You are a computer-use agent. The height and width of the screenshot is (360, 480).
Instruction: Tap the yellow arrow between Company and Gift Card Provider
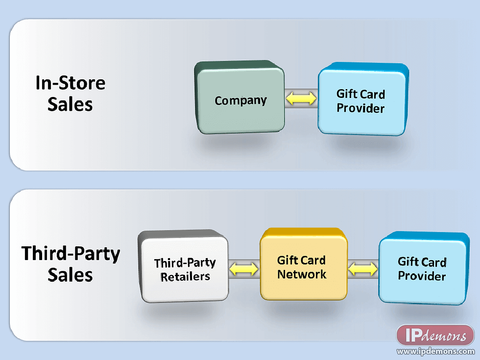click(301, 99)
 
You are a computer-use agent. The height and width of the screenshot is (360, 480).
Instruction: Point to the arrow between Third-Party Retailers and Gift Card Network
click(244, 268)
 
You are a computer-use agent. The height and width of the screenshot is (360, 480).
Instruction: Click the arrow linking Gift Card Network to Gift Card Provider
click(363, 268)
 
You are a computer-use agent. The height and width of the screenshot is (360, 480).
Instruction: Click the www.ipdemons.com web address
click(435, 351)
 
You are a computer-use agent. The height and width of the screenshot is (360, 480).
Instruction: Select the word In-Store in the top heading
click(70, 83)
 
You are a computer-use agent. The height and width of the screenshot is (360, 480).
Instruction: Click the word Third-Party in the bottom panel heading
click(71, 254)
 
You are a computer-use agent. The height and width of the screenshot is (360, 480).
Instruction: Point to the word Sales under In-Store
click(70, 104)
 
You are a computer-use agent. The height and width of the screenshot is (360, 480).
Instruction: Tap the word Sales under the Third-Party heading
click(70, 275)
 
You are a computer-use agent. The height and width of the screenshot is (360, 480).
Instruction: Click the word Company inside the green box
click(240, 101)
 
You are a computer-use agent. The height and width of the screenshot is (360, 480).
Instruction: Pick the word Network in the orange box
click(302, 274)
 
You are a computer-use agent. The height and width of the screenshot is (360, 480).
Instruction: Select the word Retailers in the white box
click(185, 277)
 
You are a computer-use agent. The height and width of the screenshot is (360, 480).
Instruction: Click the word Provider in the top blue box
click(360, 108)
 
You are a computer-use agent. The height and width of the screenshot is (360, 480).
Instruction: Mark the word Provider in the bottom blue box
click(422, 276)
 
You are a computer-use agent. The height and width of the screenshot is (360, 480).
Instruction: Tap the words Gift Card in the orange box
click(301, 260)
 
